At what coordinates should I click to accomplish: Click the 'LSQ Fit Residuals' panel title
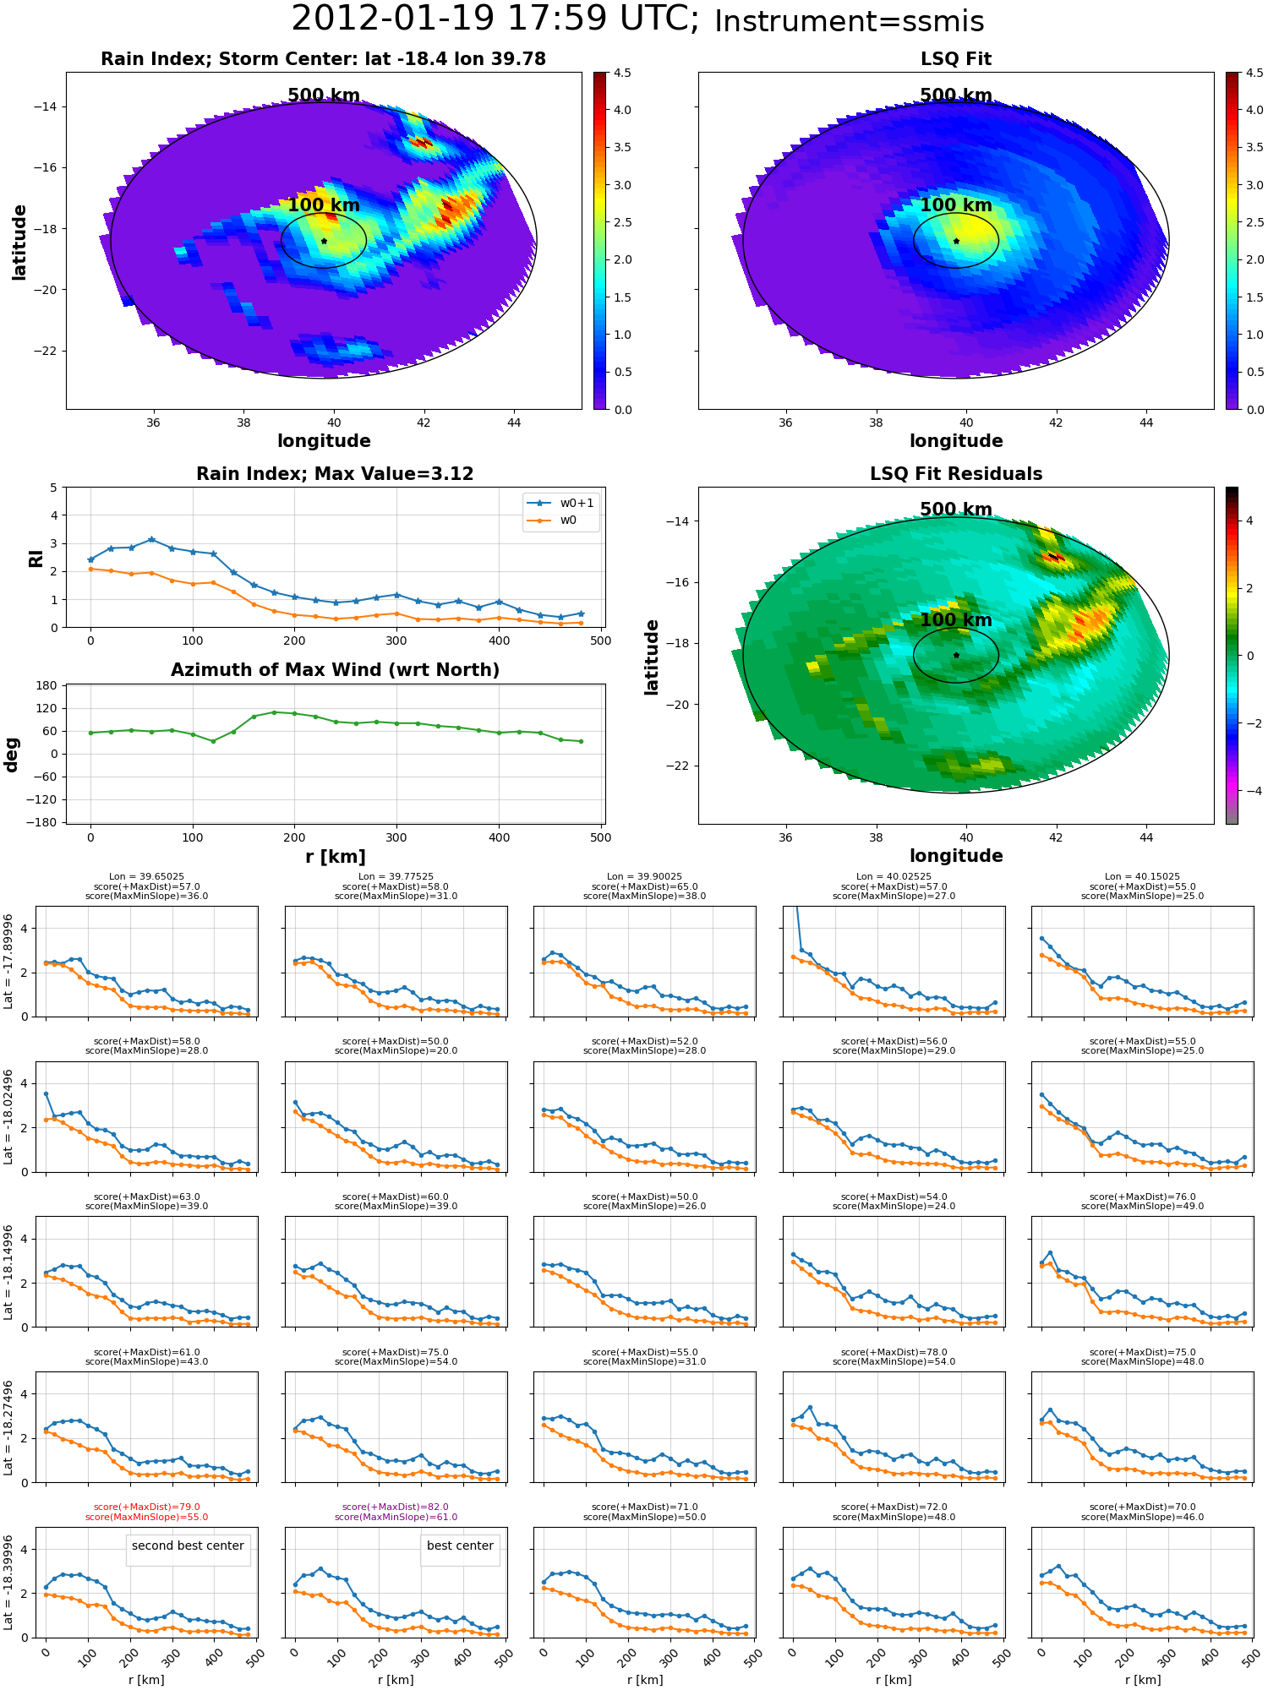(956, 474)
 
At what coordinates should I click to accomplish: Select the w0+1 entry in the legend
(560, 503)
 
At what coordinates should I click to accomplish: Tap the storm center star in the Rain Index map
(324, 241)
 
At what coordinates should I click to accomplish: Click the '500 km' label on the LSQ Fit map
(956, 95)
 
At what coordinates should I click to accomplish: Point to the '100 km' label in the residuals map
(956, 620)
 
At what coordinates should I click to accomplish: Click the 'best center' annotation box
(460, 1546)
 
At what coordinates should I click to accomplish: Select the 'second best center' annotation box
(188, 1546)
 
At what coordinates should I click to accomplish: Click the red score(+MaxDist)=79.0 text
(147, 1507)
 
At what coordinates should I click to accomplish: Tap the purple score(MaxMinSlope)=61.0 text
(396, 1517)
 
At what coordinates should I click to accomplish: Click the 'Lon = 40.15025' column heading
(1142, 877)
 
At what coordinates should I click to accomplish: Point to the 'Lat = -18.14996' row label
(9, 1271)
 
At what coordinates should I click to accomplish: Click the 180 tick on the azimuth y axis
(47, 685)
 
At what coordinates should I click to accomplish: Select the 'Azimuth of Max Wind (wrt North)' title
(335, 670)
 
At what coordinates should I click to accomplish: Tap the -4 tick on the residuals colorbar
(1249, 791)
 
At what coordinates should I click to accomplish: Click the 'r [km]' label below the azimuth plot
(336, 857)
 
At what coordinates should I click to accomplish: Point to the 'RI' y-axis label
(36, 558)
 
